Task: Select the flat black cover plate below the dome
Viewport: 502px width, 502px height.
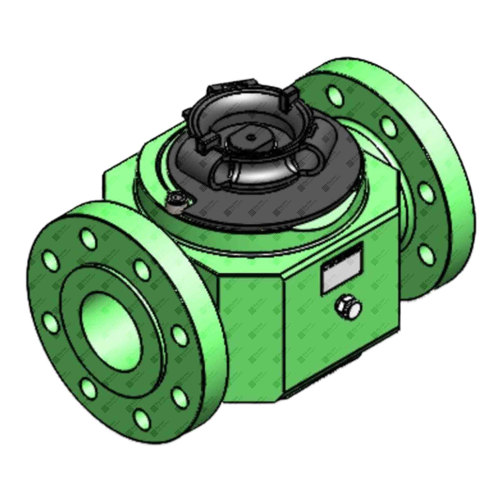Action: (x=215, y=203)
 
